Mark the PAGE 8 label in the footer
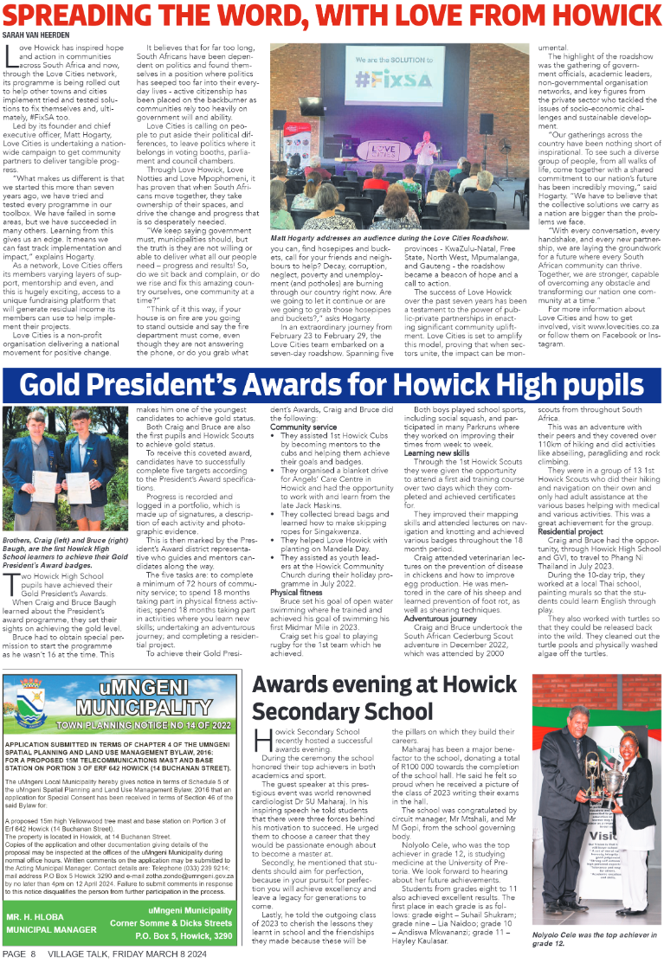[x=19, y=953]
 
